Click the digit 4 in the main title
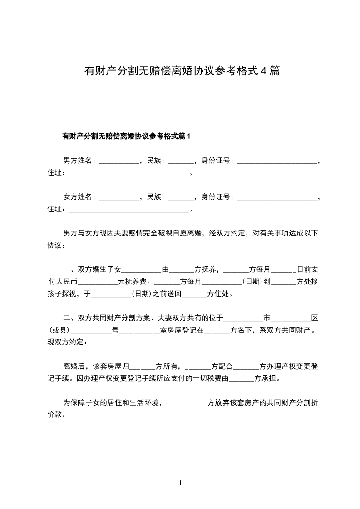click(x=263, y=71)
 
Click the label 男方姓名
click(x=79, y=161)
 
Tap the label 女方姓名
click(x=79, y=197)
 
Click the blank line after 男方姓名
click(x=119, y=162)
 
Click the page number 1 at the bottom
click(x=180, y=483)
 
